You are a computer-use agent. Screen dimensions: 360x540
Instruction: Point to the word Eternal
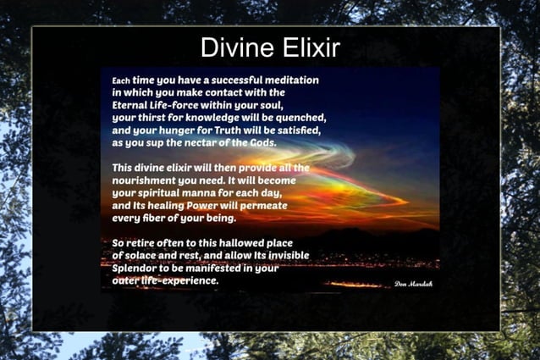(131, 105)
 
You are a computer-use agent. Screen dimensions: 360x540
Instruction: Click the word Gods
(261, 143)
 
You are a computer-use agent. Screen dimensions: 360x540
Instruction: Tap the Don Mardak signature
(413, 284)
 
